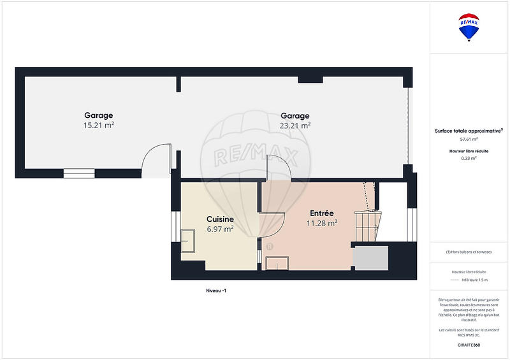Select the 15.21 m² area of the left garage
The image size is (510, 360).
click(99, 126)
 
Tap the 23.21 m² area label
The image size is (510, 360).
click(295, 126)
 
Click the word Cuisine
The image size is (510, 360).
click(220, 219)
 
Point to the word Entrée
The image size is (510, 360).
click(322, 213)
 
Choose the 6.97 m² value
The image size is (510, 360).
click(220, 229)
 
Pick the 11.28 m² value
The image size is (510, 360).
click(322, 223)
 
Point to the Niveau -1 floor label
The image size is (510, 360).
click(216, 291)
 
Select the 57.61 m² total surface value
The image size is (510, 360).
click(469, 138)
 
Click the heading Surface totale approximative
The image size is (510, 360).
click(469, 131)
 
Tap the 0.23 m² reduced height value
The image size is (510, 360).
click(469, 158)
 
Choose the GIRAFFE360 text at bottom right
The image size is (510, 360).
click(469, 345)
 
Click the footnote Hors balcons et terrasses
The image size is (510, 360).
click(469, 252)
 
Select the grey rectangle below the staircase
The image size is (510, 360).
click(370, 257)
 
